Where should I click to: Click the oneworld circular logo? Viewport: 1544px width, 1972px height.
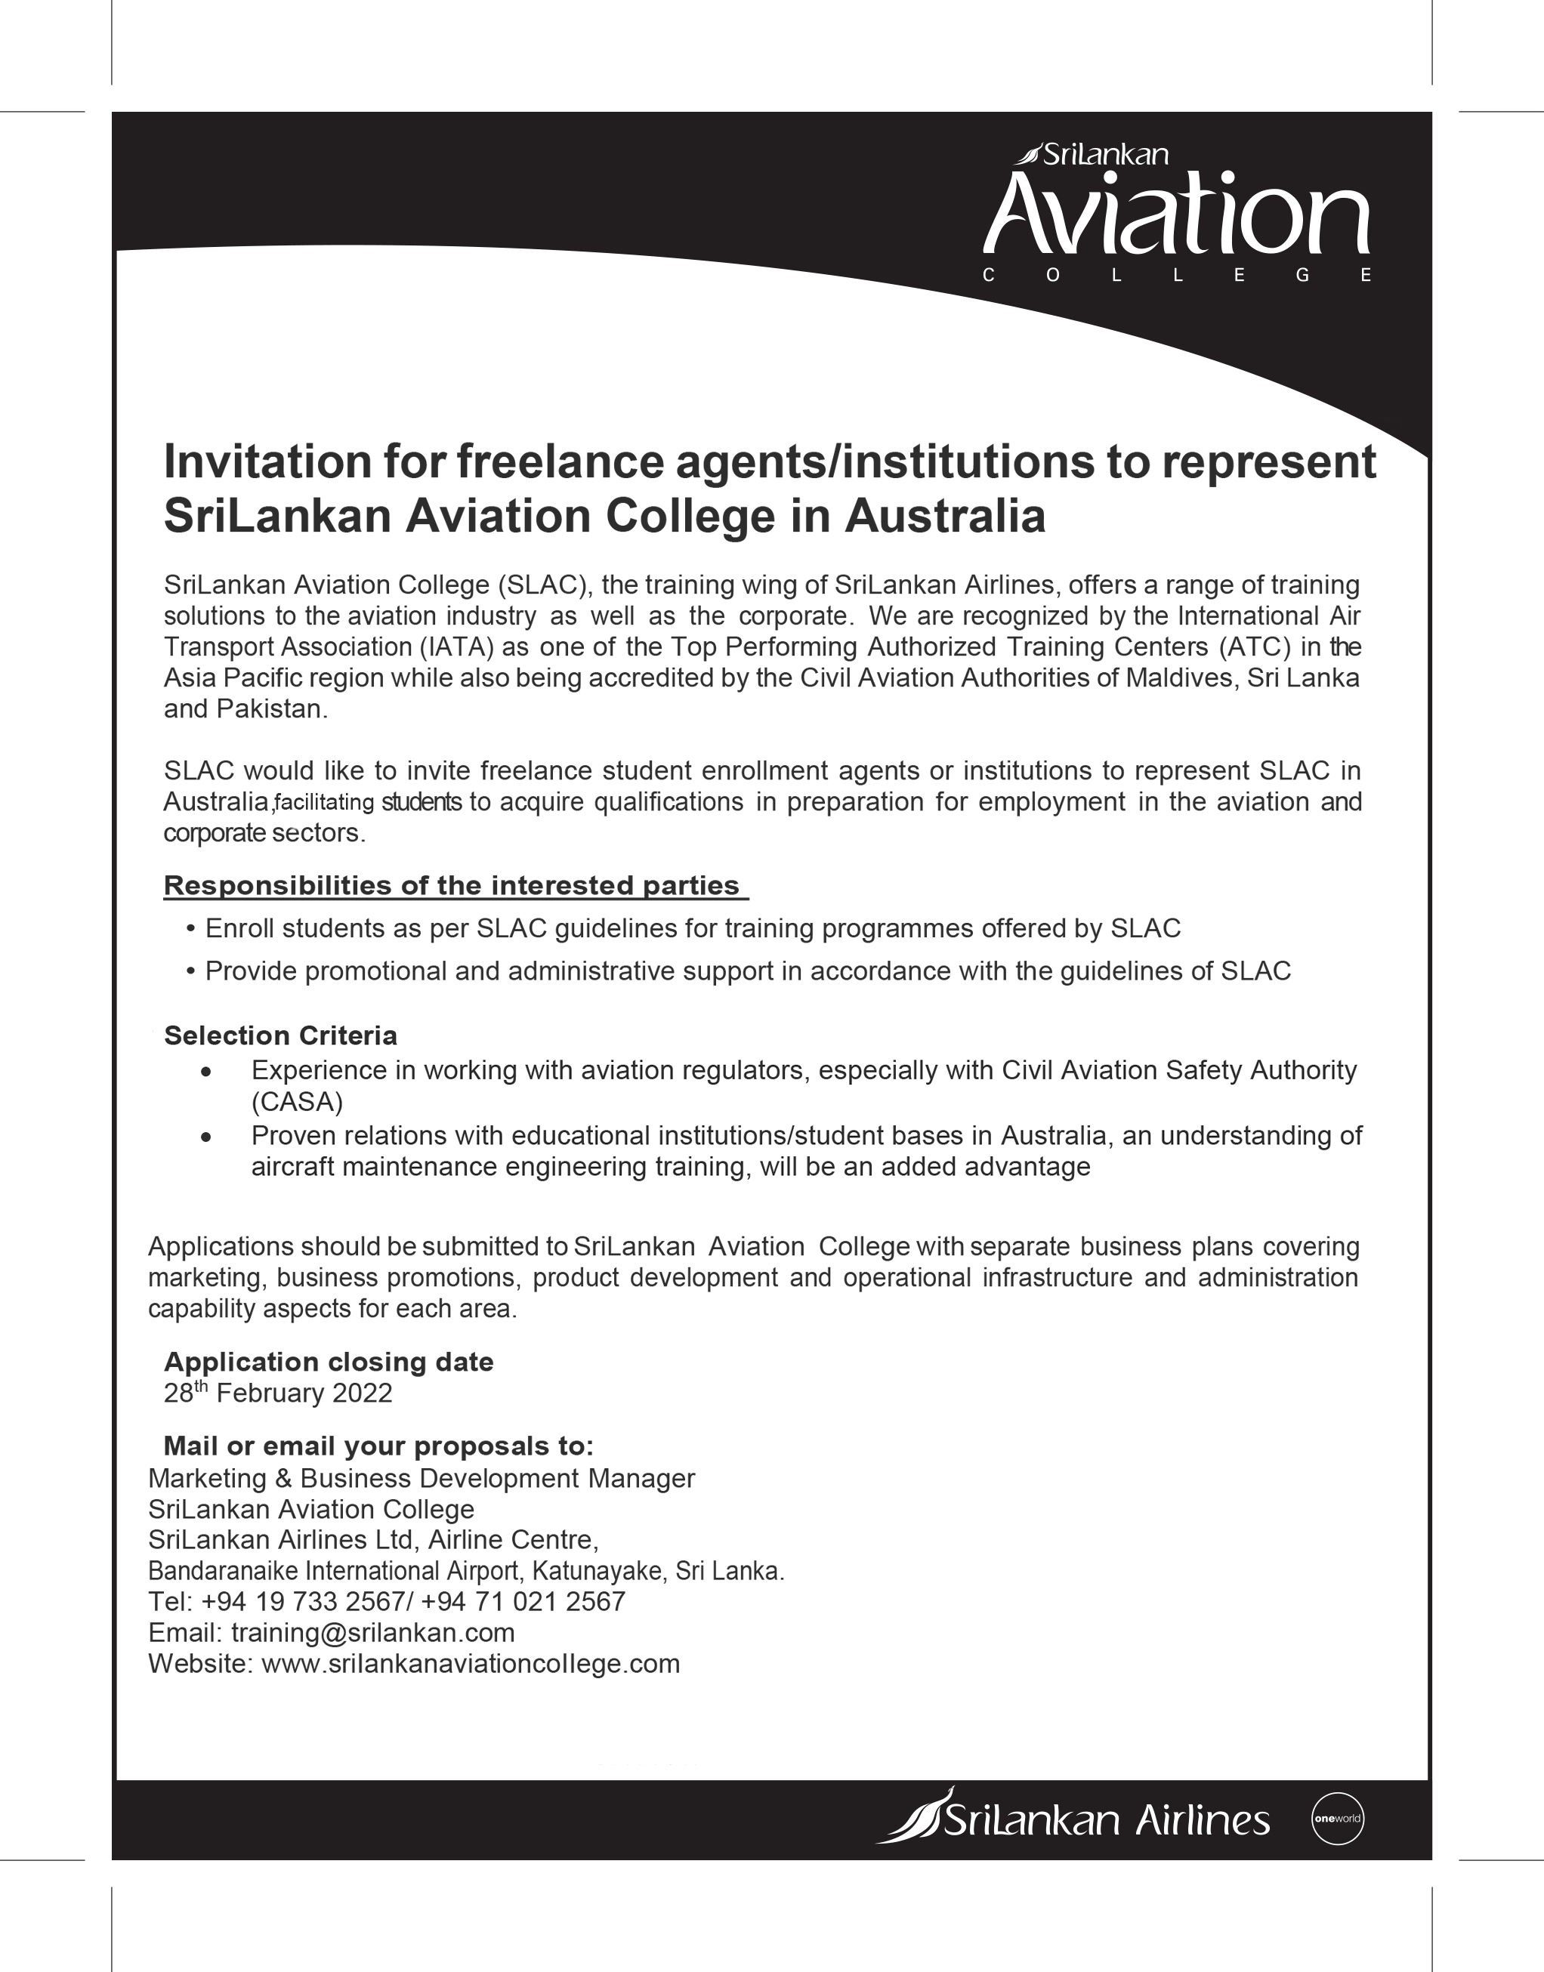point(1336,1819)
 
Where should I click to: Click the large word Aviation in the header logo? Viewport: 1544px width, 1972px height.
point(1176,215)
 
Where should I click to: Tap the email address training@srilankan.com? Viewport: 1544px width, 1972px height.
point(372,1632)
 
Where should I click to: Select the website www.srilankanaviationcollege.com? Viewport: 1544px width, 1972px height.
point(470,1663)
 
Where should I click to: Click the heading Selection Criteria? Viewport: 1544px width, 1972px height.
point(280,1035)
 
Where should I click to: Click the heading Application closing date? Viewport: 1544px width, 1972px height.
point(328,1361)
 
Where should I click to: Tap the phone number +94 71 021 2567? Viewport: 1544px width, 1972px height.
point(523,1600)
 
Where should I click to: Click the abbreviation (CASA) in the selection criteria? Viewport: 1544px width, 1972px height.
point(297,1102)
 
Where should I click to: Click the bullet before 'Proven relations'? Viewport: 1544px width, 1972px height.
point(207,1137)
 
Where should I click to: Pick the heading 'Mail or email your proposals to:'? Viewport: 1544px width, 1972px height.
point(378,1446)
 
